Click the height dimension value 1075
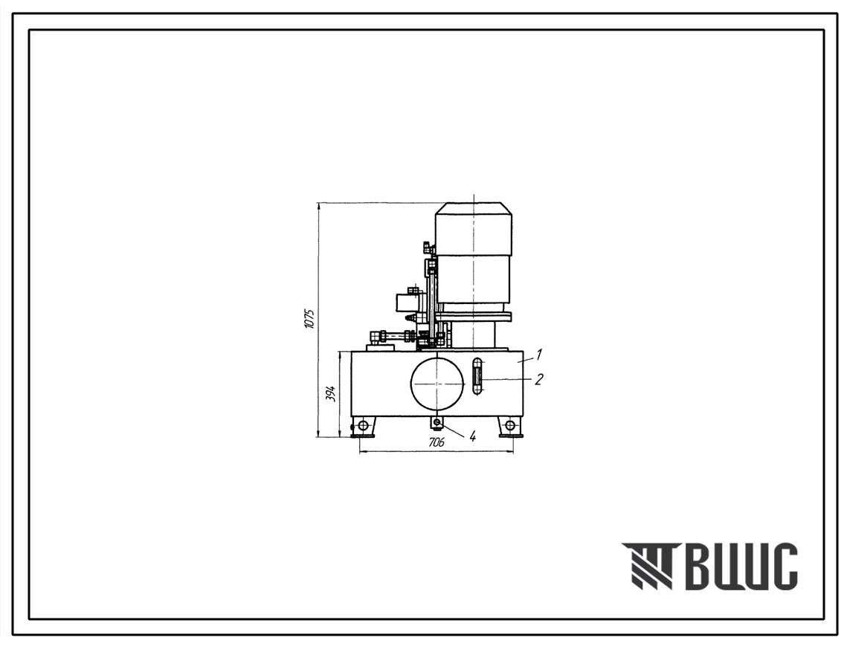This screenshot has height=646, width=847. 309,319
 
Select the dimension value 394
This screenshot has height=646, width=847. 332,394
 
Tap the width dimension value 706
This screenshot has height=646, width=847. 437,443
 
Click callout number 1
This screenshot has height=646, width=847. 539,355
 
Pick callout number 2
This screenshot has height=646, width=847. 538,379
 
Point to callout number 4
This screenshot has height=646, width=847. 472,436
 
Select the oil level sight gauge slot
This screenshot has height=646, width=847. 477,377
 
